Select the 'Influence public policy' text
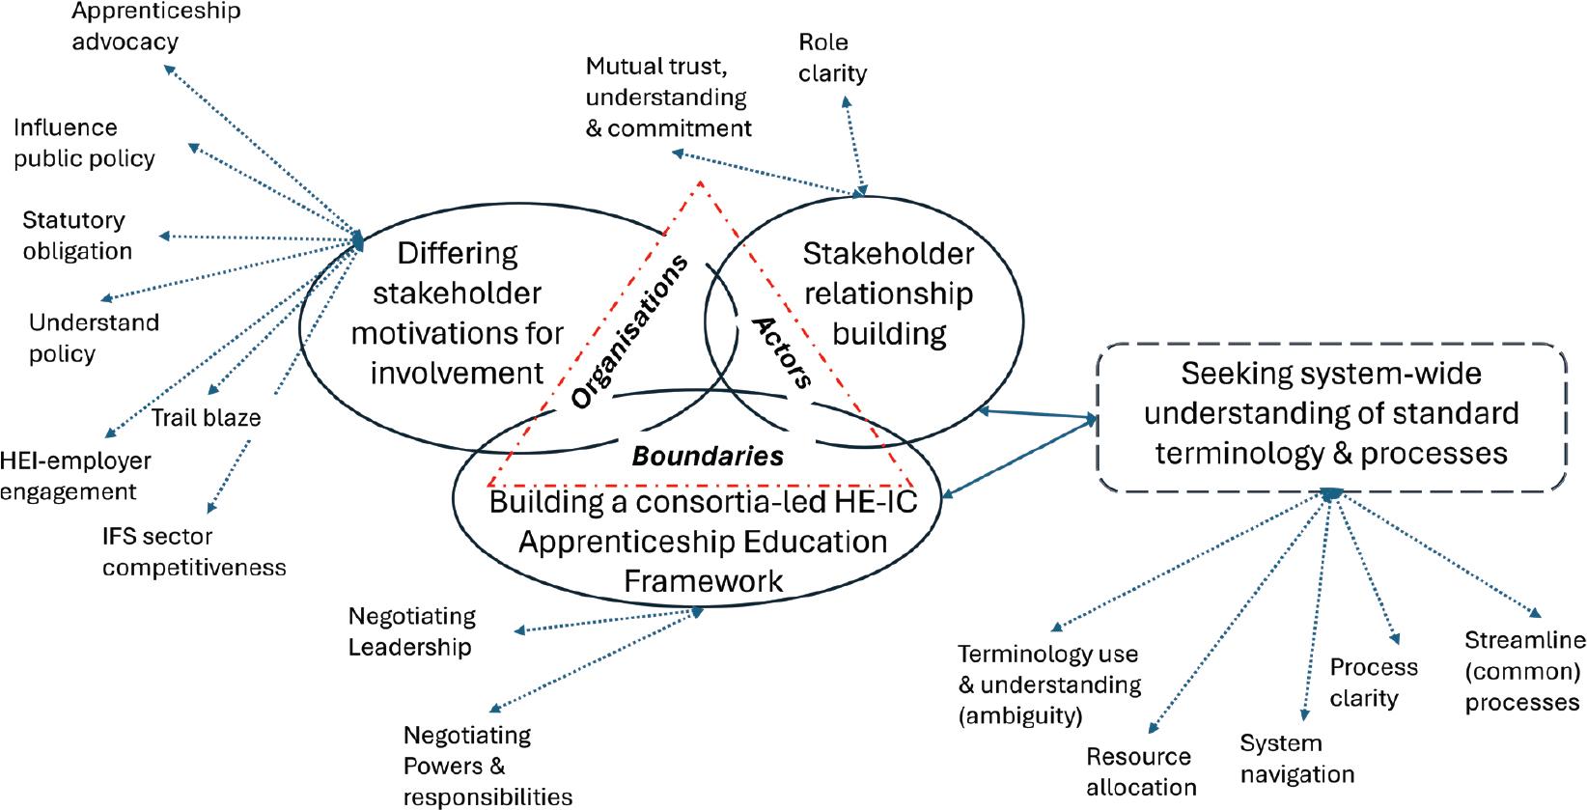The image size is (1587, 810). pyautogui.click(x=84, y=143)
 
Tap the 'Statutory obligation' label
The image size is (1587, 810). pyautogui.click(x=76, y=236)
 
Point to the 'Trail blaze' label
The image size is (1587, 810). pyautogui.click(x=206, y=419)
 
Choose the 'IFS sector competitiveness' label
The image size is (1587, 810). pyautogui.click(x=193, y=550)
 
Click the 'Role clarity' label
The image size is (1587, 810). pyautogui.click(x=832, y=57)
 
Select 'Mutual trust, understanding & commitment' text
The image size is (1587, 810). pyautogui.click(x=668, y=98)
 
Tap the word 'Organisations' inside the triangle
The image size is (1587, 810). pyautogui.click(x=628, y=331)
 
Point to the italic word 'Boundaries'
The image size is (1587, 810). pyautogui.click(x=707, y=456)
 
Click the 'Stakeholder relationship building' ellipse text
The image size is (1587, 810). pyautogui.click(x=888, y=293)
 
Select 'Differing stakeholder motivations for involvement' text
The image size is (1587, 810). pyautogui.click(x=457, y=313)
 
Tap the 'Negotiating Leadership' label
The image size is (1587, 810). pyautogui.click(x=411, y=631)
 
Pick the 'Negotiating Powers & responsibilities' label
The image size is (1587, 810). pyautogui.click(x=487, y=766)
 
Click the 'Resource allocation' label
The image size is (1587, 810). pyautogui.click(x=1140, y=771)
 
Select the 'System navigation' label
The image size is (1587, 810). pyautogui.click(x=1296, y=759)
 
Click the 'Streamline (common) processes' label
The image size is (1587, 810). pyautogui.click(x=1523, y=671)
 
